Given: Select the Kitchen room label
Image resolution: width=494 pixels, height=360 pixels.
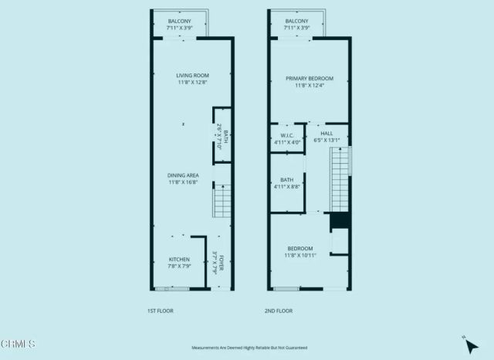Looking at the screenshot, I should point(179,263).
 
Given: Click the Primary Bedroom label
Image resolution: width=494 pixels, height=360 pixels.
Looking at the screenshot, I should point(309,82).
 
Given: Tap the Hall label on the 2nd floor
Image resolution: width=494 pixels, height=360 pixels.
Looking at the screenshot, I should point(327,137).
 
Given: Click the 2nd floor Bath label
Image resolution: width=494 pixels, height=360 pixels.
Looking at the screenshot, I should point(286,183).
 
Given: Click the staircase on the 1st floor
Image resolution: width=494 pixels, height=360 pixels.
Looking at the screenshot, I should point(222,200).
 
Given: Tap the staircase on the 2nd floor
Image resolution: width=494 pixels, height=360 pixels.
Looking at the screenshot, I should point(340,179).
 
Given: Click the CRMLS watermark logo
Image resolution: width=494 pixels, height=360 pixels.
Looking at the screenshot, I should point(19,343).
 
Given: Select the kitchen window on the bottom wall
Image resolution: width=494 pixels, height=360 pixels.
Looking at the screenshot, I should point(171,289).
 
